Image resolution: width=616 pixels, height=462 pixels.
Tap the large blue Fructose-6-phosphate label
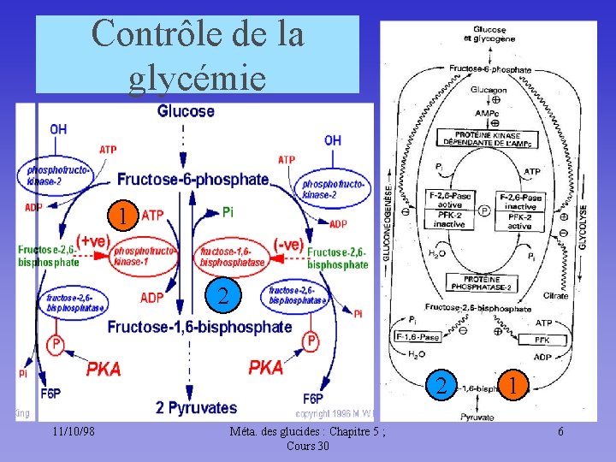point(192,180)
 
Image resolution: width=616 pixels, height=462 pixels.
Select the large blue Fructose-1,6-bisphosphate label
point(199,327)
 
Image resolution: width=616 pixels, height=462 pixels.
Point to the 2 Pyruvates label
point(196,407)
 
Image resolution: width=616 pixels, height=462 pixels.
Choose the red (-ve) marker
point(288,244)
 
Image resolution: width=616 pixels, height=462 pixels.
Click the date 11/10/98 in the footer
point(72,431)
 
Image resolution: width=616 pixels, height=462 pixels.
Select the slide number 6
point(560,431)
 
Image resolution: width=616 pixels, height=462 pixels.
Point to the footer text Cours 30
point(307,446)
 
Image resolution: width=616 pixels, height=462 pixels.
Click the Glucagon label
point(489,90)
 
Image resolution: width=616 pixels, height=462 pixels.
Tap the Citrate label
point(554,296)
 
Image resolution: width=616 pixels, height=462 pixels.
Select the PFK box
point(542,340)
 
